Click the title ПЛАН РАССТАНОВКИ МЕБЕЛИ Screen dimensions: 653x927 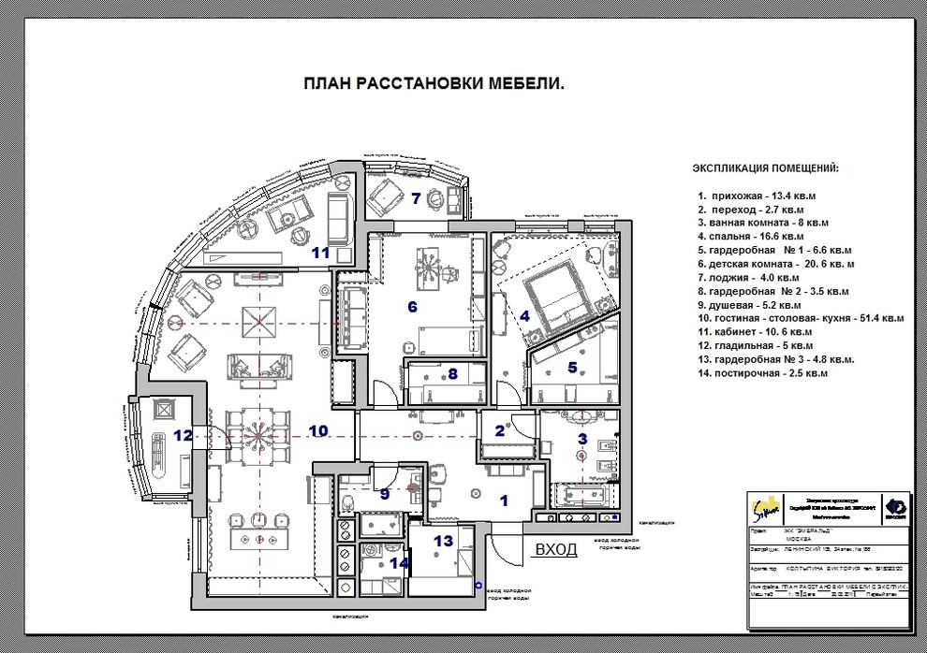point(434,83)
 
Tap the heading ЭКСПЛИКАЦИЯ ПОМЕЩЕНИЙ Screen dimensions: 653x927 point(765,168)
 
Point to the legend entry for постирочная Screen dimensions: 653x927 point(762,373)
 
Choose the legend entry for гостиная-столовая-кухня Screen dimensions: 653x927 point(801,318)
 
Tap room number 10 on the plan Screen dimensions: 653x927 point(318,431)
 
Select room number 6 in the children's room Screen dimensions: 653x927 point(411,306)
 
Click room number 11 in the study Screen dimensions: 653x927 point(321,252)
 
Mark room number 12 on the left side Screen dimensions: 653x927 point(184,435)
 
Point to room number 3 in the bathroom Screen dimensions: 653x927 point(581,438)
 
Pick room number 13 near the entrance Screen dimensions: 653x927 point(443,540)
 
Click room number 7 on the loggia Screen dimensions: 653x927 point(415,197)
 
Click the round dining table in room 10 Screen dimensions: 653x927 point(256,436)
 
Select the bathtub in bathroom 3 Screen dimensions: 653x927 point(581,492)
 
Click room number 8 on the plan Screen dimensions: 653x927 point(453,373)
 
